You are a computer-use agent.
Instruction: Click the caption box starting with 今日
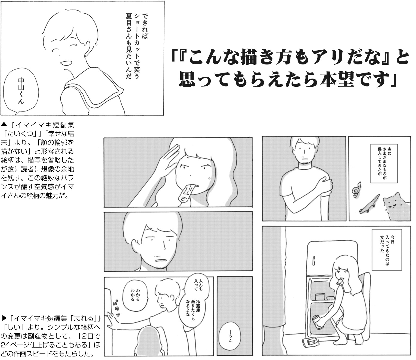tap(387, 250)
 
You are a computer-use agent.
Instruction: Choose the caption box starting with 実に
tap(384, 163)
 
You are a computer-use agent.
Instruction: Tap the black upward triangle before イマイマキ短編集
tap(4, 125)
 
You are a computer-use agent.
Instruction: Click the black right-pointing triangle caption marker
tap(4, 318)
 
